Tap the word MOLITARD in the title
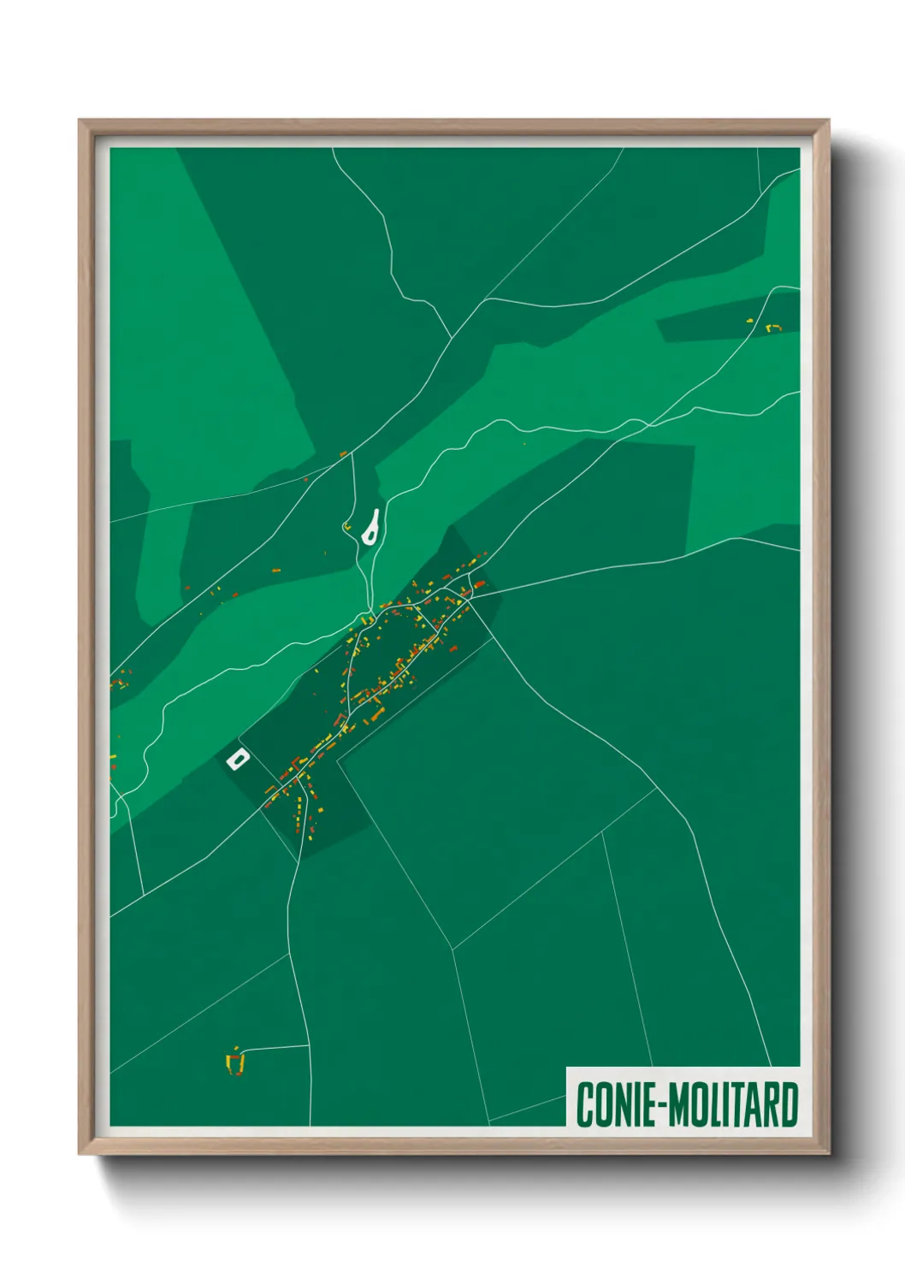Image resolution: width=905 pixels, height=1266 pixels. tap(733, 1104)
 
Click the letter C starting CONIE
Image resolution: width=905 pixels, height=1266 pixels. tap(585, 1104)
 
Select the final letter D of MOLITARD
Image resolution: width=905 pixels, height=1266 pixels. tap(790, 1104)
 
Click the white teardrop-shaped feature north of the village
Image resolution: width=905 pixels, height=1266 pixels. tap(371, 528)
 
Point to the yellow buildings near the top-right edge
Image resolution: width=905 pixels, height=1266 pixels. tap(772, 327)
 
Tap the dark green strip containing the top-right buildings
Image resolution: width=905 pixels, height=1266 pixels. tap(719, 325)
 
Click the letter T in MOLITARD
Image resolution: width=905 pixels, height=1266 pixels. tap(733, 1104)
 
